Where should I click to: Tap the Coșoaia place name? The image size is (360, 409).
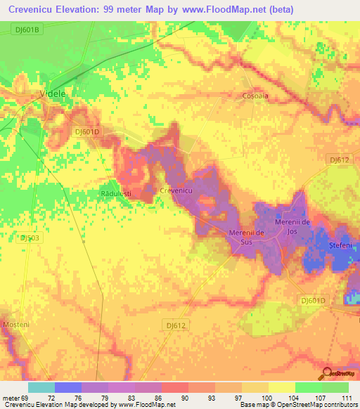(x=256, y=96)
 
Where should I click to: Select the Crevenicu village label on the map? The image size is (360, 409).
(x=176, y=190)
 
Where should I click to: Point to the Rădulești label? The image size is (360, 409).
(x=117, y=193)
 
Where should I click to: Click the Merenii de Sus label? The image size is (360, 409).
(x=246, y=237)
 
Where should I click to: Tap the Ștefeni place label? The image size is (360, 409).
(x=343, y=245)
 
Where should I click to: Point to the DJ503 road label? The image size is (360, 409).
(x=30, y=238)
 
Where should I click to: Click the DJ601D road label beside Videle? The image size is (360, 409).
(x=88, y=131)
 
